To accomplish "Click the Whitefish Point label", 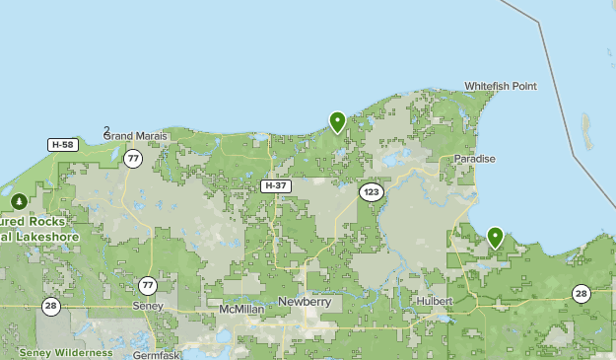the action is point(501,87).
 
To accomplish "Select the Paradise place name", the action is point(474,159).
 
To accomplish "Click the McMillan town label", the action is point(240,309).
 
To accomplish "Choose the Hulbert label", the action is point(434,301).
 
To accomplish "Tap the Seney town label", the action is point(147,307).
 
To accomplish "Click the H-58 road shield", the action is point(62,145).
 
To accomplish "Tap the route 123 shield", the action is point(371,191).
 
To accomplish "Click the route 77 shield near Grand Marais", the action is point(133,158).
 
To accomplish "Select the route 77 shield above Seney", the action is point(148,285).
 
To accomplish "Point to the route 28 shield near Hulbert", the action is point(581,293).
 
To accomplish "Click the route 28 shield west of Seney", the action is point(51,306).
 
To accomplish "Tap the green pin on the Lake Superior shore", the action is point(337,121).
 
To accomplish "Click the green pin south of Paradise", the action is point(495,237).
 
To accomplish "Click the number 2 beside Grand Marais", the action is point(106,130).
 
